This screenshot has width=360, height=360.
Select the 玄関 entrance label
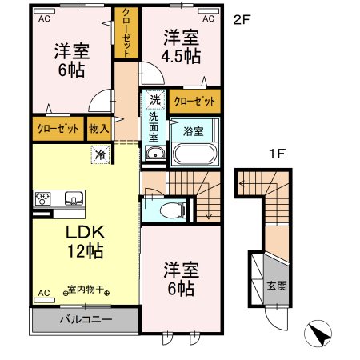pyautogui.click(x=274, y=286)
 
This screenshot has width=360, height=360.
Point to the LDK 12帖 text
pyautogui.click(x=79, y=240)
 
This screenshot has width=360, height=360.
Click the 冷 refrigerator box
pyautogui.click(x=102, y=154)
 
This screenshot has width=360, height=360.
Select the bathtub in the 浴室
pyautogui.click(x=194, y=150)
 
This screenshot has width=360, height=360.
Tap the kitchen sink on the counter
pyautogui.click(x=73, y=198)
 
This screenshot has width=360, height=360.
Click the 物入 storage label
pyautogui.click(x=98, y=128)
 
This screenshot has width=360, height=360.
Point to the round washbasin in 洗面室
pyautogui.click(x=155, y=155)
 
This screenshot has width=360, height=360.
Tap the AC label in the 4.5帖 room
pyautogui.click(x=208, y=18)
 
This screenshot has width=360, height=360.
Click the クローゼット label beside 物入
pyautogui.click(x=57, y=128)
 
